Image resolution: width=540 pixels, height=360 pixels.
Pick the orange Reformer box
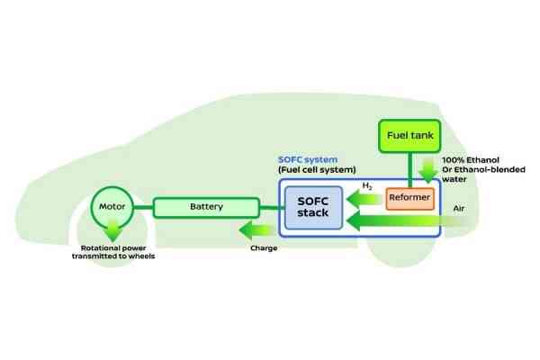click(x=410, y=198)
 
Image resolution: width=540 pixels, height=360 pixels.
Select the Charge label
click(x=263, y=247)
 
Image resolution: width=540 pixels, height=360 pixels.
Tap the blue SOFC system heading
click(x=310, y=159)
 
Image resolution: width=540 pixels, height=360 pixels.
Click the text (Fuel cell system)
click(x=318, y=171)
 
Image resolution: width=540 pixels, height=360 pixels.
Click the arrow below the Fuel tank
click(x=427, y=168)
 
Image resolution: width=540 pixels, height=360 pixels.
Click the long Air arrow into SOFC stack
click(x=405, y=220)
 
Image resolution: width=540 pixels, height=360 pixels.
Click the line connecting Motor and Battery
click(x=144, y=207)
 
